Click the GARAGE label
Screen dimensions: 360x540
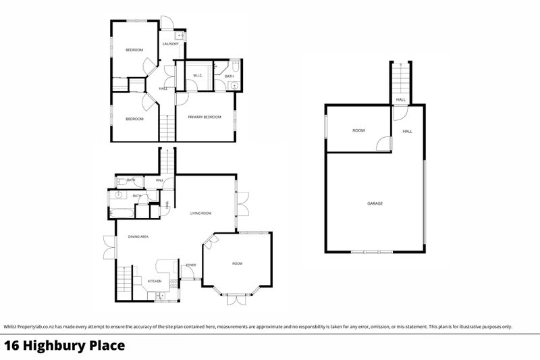pos(375,203)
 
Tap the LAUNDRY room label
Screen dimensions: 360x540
pos(170,45)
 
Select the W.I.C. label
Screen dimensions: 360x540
pos(198,75)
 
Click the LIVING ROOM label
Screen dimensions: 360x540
pos(200,213)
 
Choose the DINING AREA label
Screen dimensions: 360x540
pos(138,236)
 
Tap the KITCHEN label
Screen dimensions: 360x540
pos(155,281)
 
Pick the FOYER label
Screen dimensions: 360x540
pos(191,265)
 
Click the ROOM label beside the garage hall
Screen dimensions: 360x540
pos(358,130)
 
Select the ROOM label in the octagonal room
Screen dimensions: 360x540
pos(237,263)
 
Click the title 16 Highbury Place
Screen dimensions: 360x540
pos(65,346)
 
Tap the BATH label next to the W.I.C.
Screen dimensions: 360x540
pos(230,76)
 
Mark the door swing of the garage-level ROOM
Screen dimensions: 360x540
pos(383,144)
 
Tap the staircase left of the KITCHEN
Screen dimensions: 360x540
pos(124,278)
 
